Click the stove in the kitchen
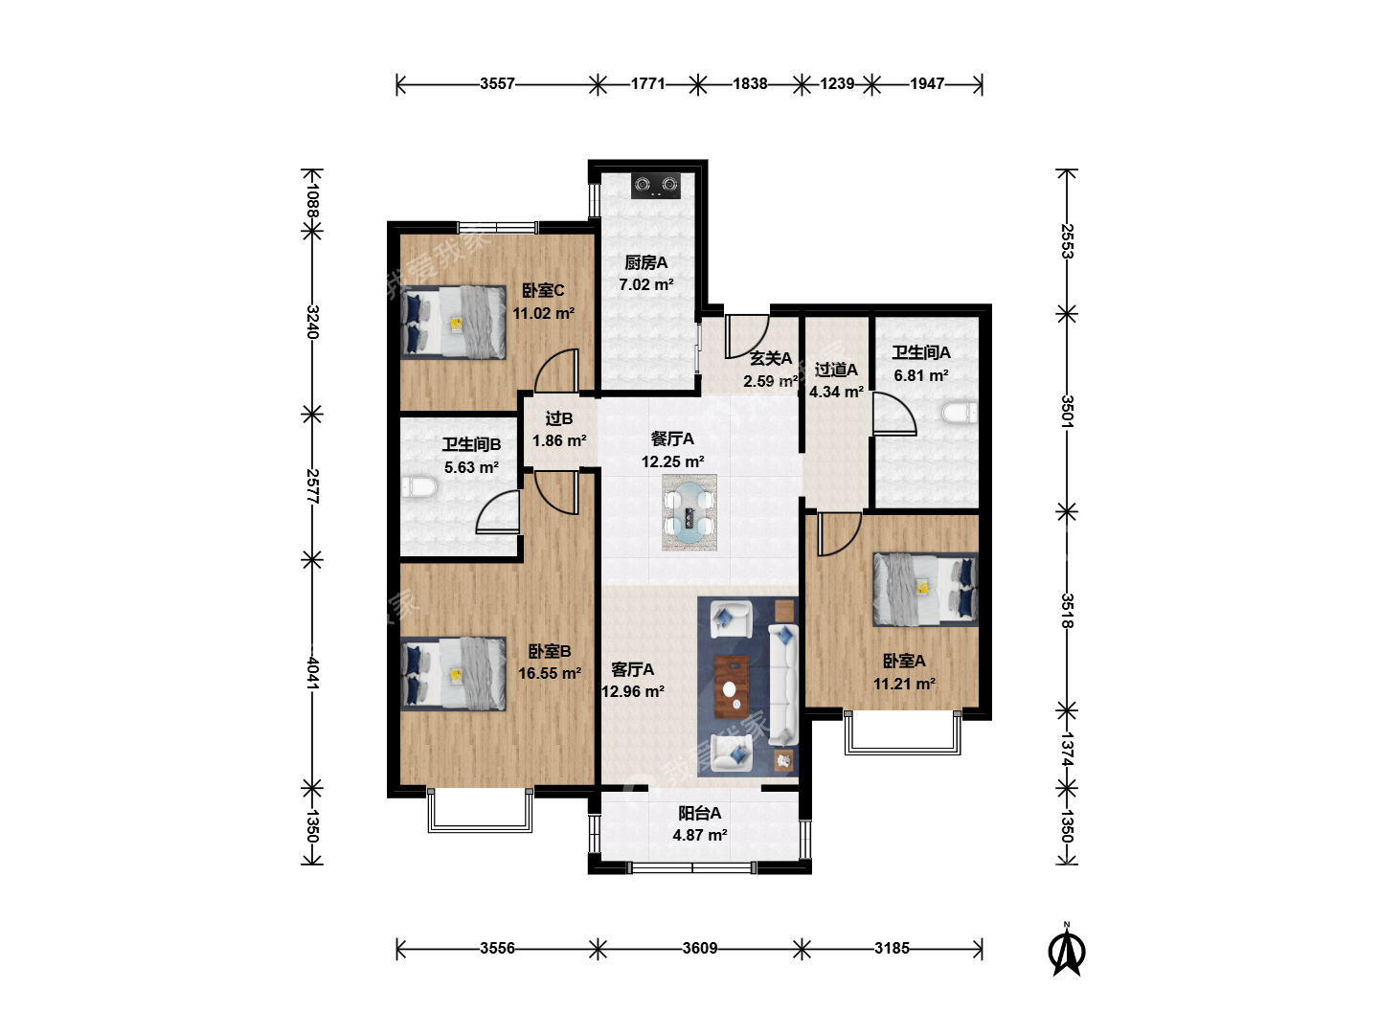tap(656, 185)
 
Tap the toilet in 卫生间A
tap(960, 413)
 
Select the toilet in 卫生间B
tap(419, 487)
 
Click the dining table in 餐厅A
tap(689, 512)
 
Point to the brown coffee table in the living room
tap(732, 686)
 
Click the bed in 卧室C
tap(454, 323)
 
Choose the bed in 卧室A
tap(925, 590)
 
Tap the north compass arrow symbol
tap(1067, 951)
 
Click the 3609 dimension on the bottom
tap(700, 948)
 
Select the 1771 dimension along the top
tap(647, 83)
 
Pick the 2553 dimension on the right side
tap(1067, 241)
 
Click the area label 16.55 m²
tap(549, 674)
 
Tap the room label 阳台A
tap(699, 814)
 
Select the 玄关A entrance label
tap(771, 359)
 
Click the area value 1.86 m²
tap(559, 440)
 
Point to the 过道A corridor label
tap(836, 370)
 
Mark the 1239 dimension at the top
tap(837, 83)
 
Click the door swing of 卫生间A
tap(894, 414)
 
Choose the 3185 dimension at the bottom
tap(892, 948)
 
